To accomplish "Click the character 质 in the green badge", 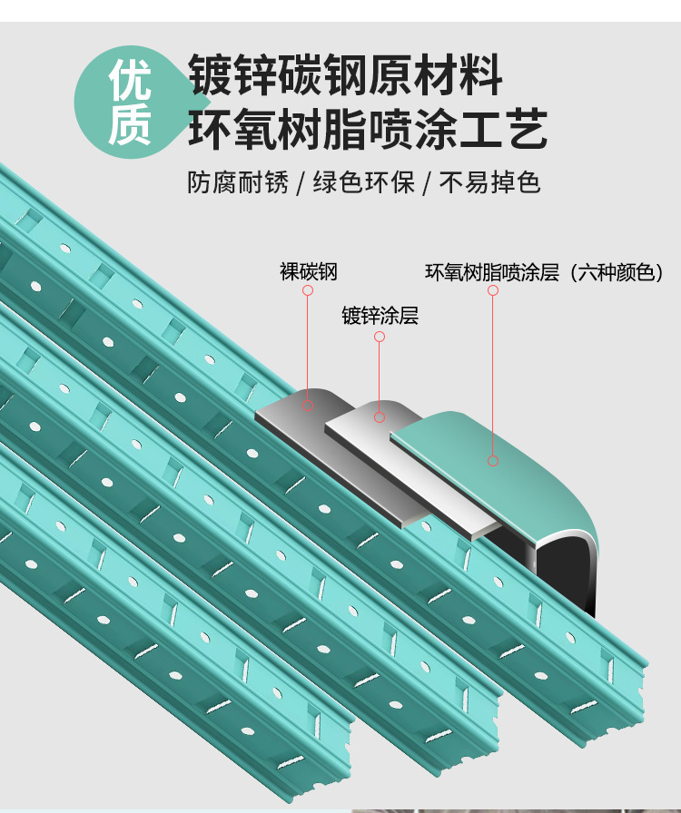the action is pos(130,126).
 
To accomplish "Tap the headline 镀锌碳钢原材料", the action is pos(344,75).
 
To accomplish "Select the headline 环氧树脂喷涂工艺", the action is pos(368,128).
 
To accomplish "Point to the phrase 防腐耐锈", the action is pos(238,183).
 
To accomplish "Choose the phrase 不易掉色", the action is pos(490,183).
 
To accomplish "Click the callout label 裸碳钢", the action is pos(308,271).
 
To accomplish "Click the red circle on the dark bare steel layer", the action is pos(308,406).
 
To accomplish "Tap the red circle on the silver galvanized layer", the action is pos(380,417).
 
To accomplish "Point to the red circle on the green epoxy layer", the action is pos(493,461).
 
